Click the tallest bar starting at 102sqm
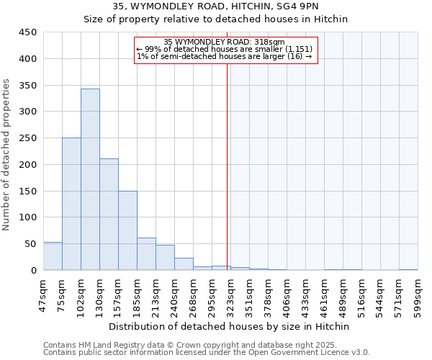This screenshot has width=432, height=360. [x=90, y=179]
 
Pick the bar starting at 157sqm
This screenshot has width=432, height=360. [x=127, y=230]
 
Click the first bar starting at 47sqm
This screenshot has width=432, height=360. [x=53, y=256]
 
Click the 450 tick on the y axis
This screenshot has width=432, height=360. [x=27, y=32]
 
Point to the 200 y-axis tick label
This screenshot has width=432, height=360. [x=27, y=165]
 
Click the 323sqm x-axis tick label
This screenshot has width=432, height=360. [x=230, y=293]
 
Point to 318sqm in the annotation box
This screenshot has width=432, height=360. [x=271, y=42]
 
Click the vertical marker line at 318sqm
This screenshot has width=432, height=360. [x=228, y=180]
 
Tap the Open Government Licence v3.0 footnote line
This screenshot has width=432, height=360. [x=206, y=353]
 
